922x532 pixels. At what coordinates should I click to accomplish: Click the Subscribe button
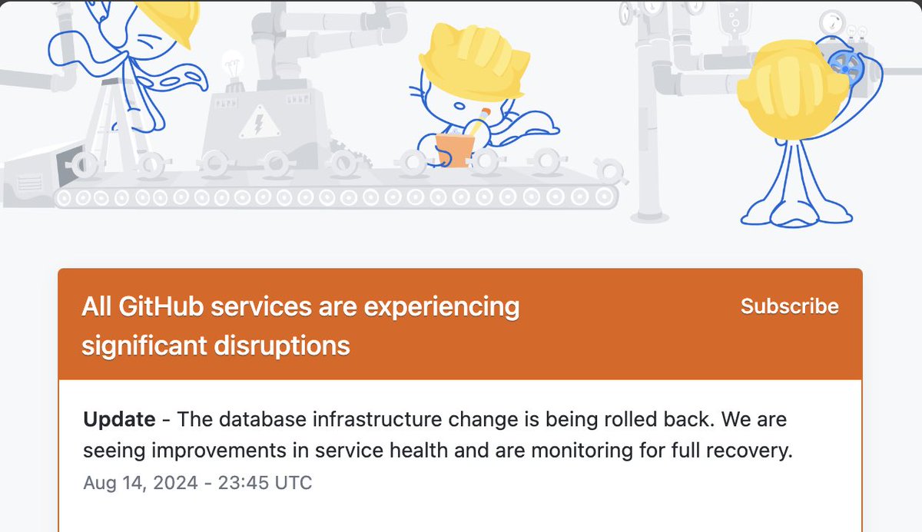[x=789, y=306]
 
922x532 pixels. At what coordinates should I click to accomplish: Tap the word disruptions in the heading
[x=283, y=345]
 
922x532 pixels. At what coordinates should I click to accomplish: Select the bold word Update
[x=119, y=420]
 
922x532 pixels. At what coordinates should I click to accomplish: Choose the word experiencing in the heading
[x=441, y=307]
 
